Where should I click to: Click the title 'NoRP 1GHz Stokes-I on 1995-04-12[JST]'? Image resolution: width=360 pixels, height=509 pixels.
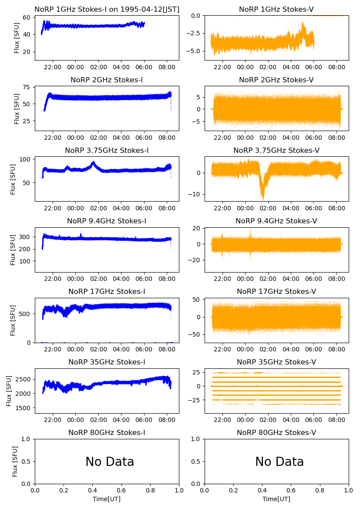(x=107, y=9)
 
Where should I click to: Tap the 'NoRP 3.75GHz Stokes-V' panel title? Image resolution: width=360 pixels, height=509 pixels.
(x=276, y=150)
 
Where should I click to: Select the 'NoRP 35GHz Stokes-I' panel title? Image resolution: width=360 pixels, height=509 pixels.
(x=107, y=362)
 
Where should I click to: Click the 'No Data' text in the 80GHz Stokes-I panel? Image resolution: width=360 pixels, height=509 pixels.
(x=110, y=462)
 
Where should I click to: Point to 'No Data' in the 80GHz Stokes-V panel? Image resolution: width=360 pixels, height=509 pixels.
(x=279, y=462)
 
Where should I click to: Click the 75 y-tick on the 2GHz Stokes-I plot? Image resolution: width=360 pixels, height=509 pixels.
(x=28, y=87)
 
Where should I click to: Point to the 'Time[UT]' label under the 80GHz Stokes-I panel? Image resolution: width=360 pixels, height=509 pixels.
(x=107, y=499)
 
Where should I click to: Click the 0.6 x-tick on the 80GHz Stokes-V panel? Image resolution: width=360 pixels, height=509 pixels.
(x=291, y=490)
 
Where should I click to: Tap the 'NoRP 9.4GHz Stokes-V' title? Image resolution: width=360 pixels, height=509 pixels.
(x=276, y=221)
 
